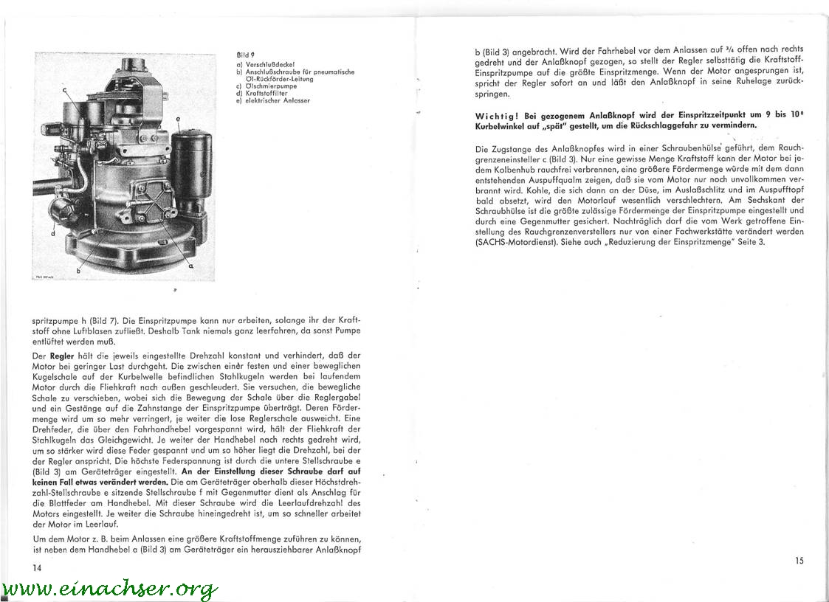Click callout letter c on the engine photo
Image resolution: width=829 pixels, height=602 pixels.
tap(64, 91)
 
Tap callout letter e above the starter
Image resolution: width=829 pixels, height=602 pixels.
tap(178, 119)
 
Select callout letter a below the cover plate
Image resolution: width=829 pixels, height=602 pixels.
tap(191, 264)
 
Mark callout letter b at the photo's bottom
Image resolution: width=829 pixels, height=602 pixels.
tap(78, 271)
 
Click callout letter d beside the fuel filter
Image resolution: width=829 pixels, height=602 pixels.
tap(53, 233)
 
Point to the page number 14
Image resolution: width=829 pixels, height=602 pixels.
tap(38, 567)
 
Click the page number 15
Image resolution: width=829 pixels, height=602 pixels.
tap(799, 561)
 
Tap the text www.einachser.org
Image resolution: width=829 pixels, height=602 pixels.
tap(110, 589)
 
